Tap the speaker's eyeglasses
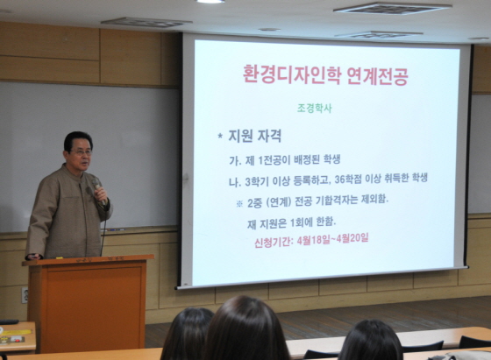click(x=82, y=152)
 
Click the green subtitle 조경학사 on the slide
click(x=314, y=109)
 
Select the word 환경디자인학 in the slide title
click(x=291, y=75)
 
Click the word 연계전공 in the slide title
click(x=378, y=75)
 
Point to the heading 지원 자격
click(x=255, y=137)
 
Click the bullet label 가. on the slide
click(x=235, y=161)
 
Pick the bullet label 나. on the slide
click(x=235, y=182)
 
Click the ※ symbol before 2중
click(x=239, y=204)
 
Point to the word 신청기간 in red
click(x=273, y=242)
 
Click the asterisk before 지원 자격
click(x=220, y=137)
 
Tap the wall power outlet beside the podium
click(x=25, y=295)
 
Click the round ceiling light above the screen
click(x=210, y=1)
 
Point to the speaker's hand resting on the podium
click(x=34, y=257)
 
